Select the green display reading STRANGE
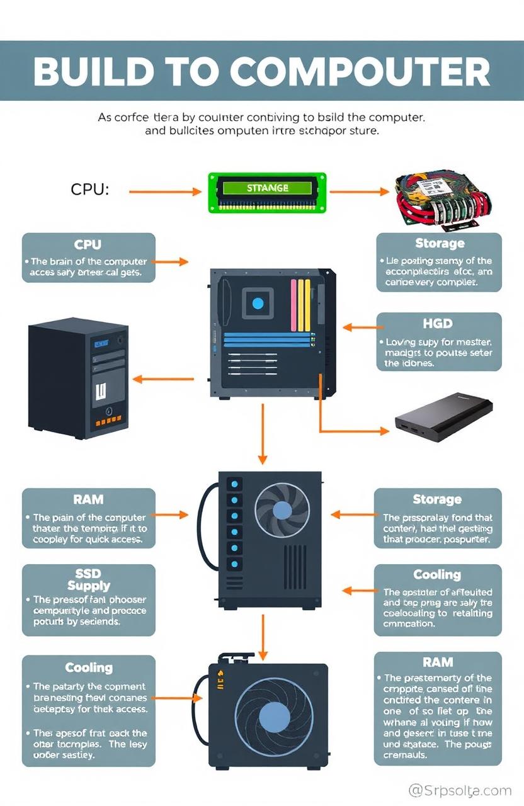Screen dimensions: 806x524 pos(268,189)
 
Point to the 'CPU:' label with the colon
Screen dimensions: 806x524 pos(88,189)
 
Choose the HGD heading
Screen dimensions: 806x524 pos(438,324)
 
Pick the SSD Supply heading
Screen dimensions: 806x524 pos(89,579)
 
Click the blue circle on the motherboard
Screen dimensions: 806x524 pos(258,304)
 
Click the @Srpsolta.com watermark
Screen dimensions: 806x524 pos(460,790)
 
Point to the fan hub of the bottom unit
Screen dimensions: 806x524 pos(275,716)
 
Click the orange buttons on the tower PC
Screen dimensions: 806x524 pos(108,419)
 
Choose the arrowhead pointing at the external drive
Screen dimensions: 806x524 pos(384,431)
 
